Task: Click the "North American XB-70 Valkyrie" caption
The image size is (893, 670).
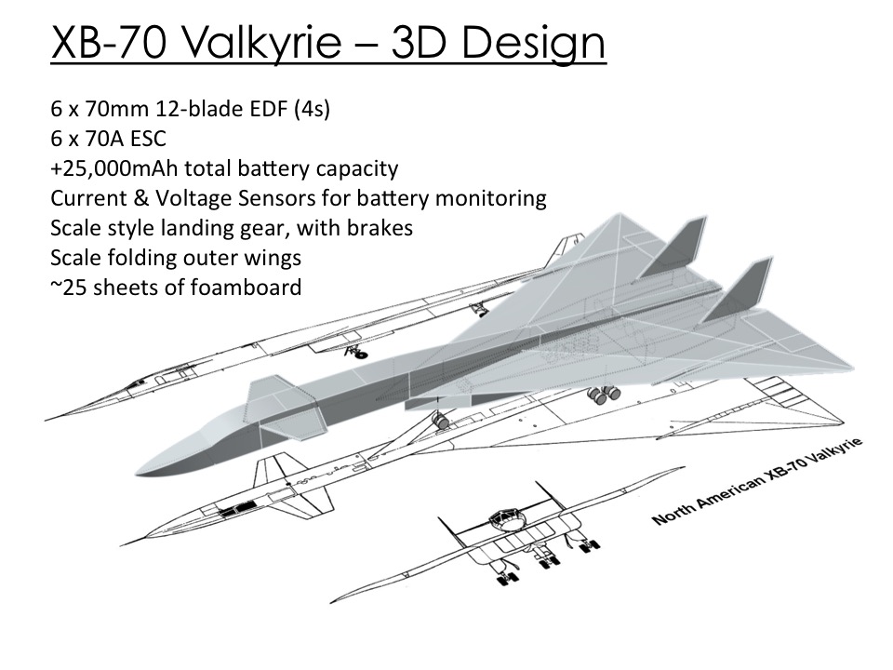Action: point(757,480)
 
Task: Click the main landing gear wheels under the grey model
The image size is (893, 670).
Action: point(604,395)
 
